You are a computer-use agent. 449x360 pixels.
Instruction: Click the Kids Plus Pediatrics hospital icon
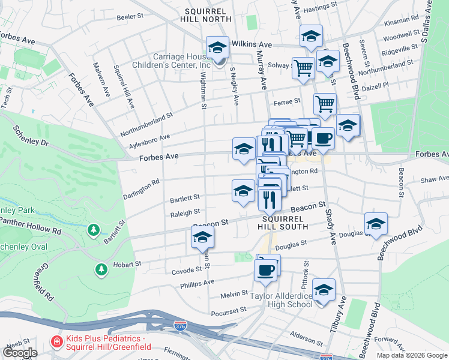(x=57, y=342)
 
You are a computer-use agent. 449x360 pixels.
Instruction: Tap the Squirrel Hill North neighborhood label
(x=205, y=15)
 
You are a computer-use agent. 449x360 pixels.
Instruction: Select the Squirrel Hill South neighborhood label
(x=283, y=223)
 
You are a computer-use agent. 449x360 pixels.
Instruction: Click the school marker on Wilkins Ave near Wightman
(x=217, y=47)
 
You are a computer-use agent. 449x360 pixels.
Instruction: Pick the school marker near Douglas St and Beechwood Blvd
(x=376, y=224)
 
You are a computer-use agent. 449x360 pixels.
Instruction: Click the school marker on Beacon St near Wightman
(x=202, y=238)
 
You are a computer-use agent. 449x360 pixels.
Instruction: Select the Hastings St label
(x=319, y=10)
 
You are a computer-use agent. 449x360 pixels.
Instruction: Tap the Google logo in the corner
(x=20, y=352)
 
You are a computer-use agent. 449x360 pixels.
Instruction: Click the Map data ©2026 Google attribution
(x=411, y=355)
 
